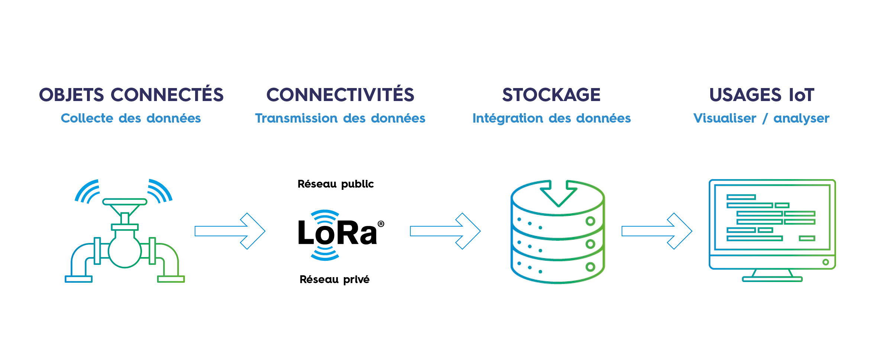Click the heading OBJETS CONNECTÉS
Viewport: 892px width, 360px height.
[131, 95]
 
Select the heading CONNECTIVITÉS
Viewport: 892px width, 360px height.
[340, 95]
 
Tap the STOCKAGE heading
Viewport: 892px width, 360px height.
[551, 95]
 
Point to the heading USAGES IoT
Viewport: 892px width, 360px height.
[762, 95]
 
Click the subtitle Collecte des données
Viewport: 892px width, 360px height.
[131, 118]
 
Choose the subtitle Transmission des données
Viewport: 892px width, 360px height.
[340, 118]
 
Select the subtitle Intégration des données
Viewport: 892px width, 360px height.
[552, 118]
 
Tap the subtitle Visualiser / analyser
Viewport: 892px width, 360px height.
[761, 118]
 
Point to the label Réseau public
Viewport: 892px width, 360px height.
[336, 184]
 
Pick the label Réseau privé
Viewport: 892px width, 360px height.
[334, 279]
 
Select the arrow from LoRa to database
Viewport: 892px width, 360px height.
[445, 231]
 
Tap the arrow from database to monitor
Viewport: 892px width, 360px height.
[656, 231]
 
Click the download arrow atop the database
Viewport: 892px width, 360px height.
[558, 193]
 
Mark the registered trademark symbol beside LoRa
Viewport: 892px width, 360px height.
[381, 224]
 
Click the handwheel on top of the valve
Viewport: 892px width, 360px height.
[125, 202]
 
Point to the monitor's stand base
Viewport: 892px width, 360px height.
[772, 279]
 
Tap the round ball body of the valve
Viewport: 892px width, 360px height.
[125, 252]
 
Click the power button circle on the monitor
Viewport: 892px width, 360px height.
[825, 262]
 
